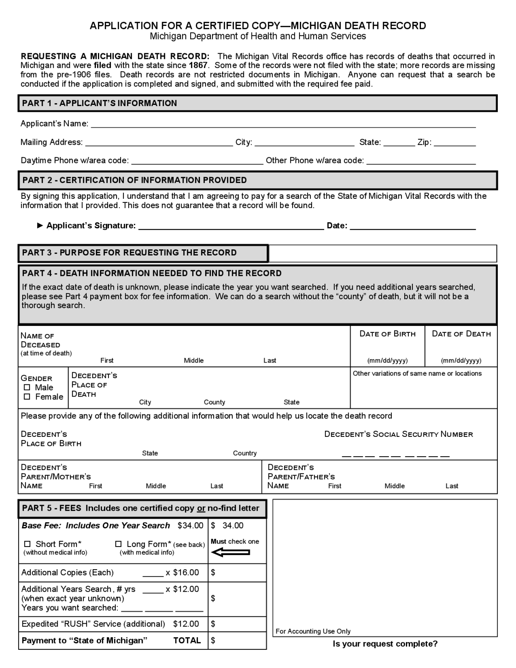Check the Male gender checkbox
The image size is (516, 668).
tap(27, 387)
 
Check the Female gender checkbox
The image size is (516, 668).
tap(27, 397)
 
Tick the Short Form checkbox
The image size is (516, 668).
tap(27, 544)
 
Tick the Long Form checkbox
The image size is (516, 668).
tap(119, 544)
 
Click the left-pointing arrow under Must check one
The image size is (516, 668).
tap(231, 552)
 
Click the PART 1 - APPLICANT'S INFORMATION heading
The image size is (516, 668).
tap(100, 103)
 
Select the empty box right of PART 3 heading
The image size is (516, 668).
tap(383, 253)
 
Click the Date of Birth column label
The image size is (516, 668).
tap(387, 334)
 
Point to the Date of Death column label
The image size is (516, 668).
tap(461, 334)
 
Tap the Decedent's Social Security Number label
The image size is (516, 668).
tap(398, 434)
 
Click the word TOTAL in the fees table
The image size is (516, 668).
tap(187, 640)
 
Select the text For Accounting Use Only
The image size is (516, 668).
tap(313, 631)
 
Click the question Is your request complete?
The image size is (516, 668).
tap(385, 643)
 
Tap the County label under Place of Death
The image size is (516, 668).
tap(214, 402)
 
